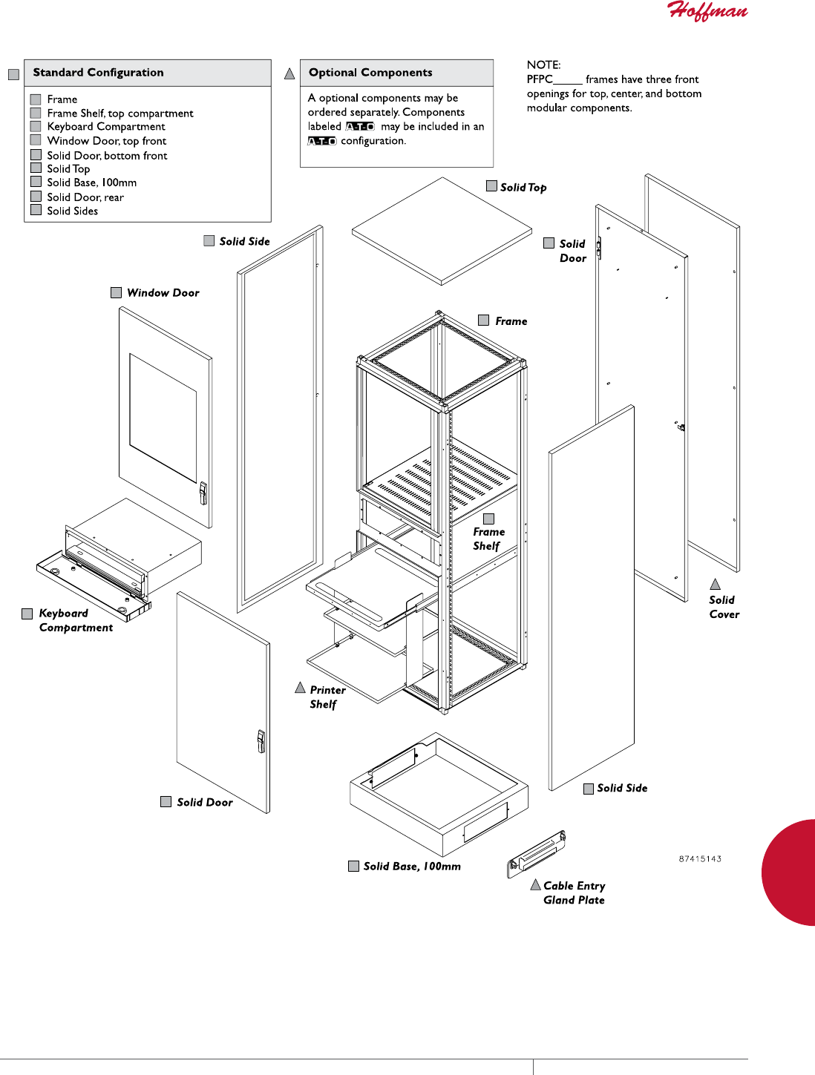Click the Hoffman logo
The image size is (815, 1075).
tap(707, 11)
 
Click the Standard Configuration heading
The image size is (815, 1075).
tap(98, 73)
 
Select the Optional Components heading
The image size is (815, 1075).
tap(370, 73)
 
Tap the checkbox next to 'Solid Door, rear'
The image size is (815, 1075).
tap(36, 197)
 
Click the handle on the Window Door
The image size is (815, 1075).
tap(203, 493)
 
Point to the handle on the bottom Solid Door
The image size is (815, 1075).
tap(261, 740)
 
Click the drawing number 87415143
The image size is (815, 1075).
tap(700, 859)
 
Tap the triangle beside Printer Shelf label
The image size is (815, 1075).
tap(301, 688)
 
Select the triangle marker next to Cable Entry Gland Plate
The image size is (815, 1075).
tap(535, 884)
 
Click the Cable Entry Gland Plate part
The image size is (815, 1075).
tap(536, 853)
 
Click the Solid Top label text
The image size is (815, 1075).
tap(523, 188)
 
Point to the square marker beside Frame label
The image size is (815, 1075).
tap(484, 320)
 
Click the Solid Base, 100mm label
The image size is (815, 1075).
tap(412, 867)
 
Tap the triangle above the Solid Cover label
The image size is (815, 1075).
tap(716, 585)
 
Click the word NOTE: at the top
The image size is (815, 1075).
tap(544, 65)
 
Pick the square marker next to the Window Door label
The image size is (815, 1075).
tap(117, 293)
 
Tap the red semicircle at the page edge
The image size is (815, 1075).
tap(791, 872)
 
